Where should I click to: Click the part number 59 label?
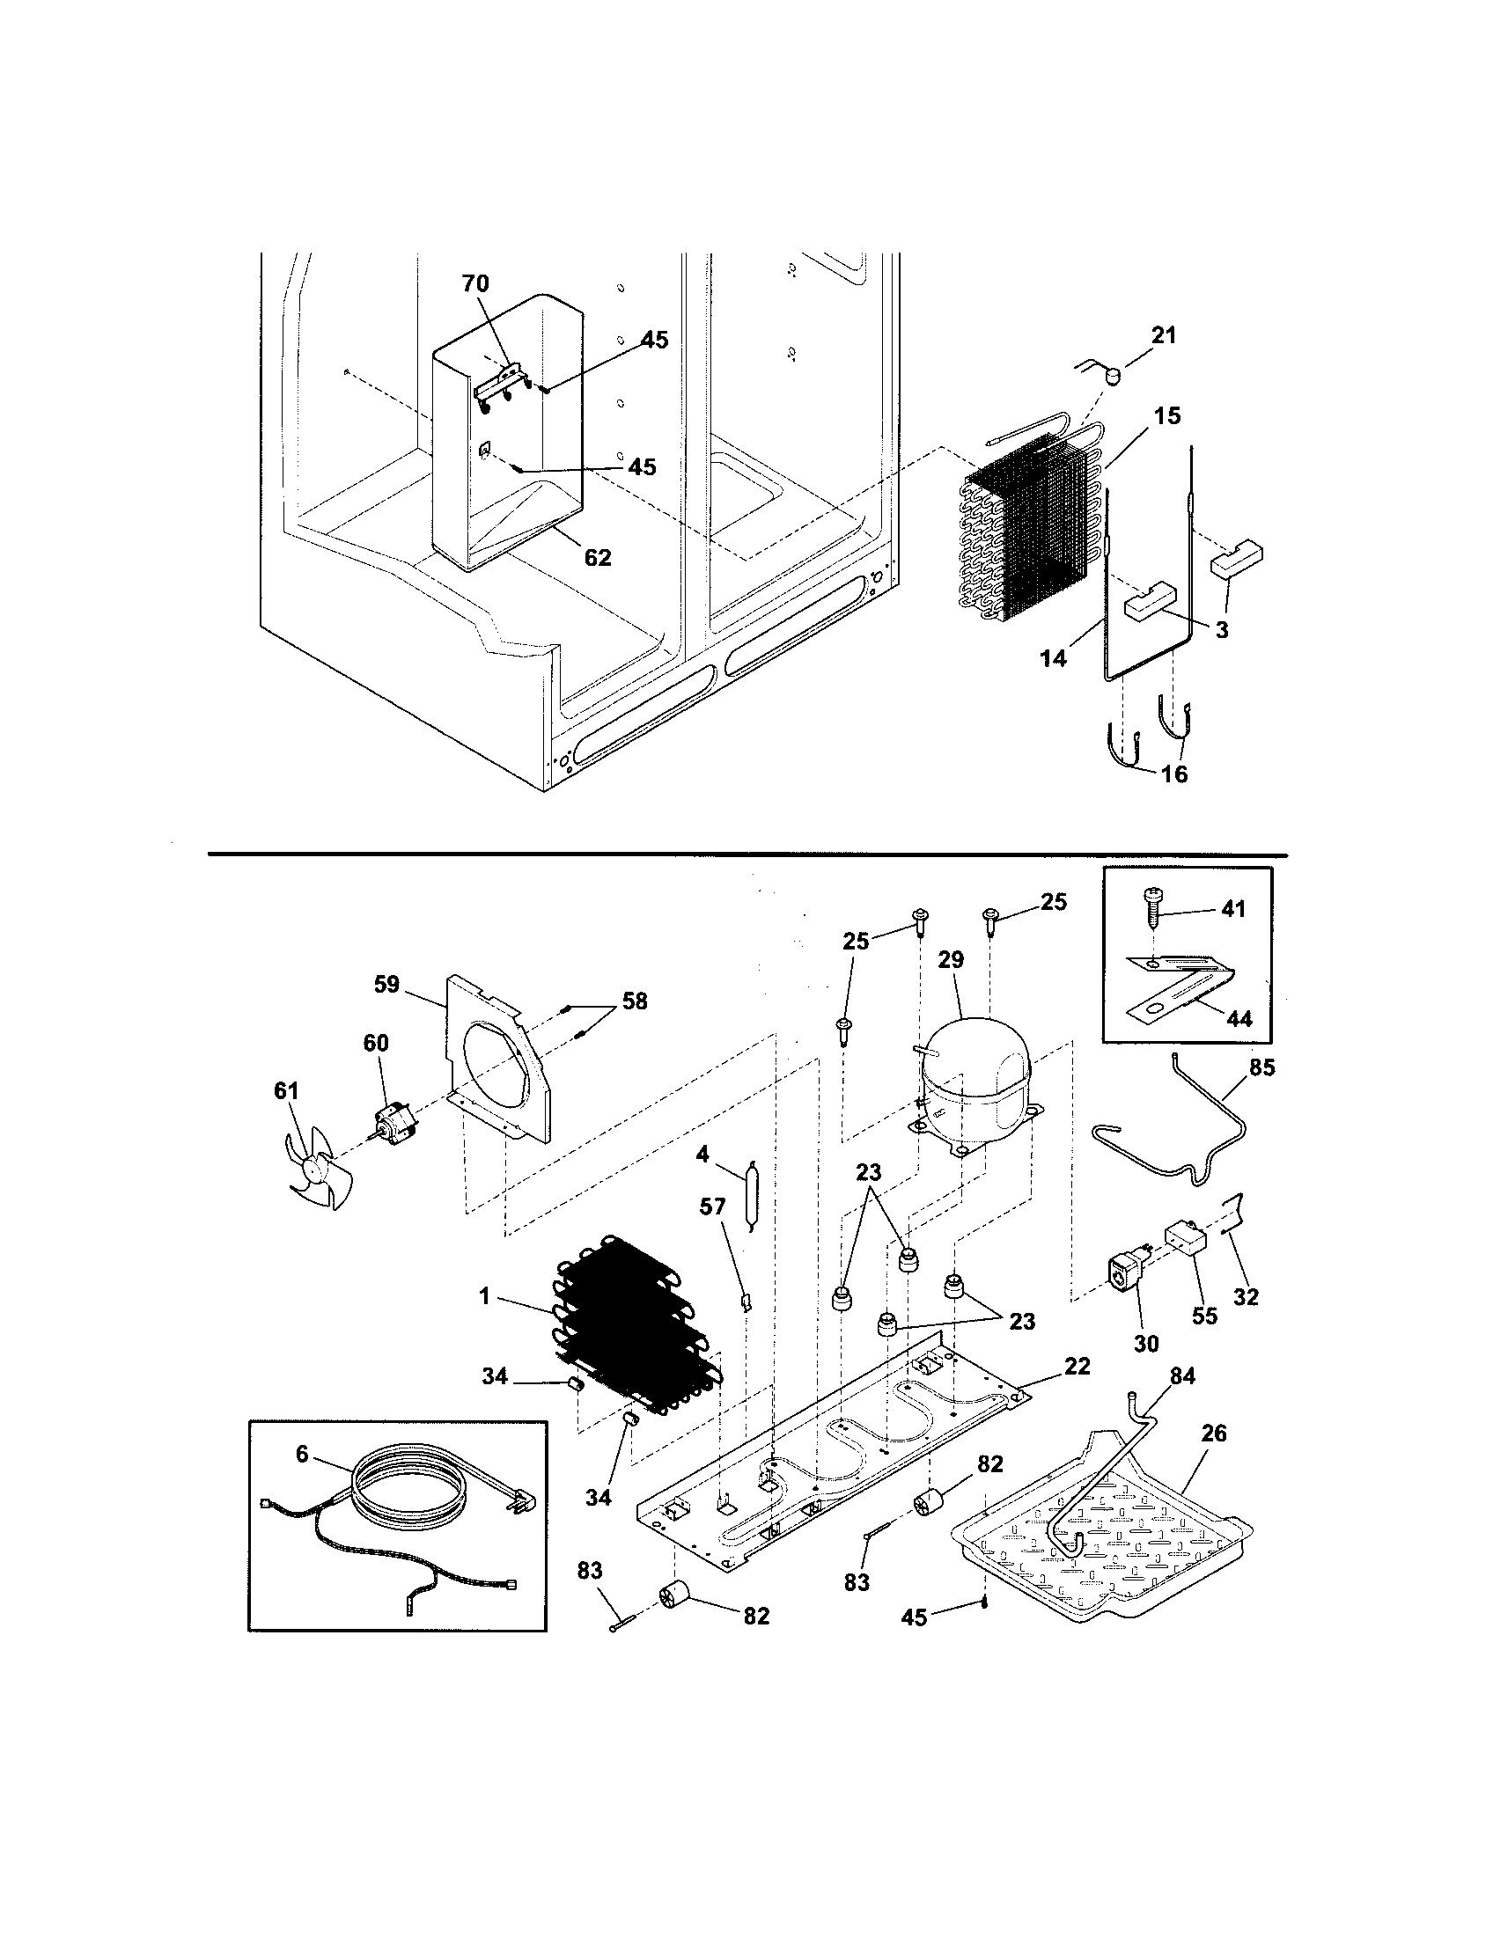tap(386, 985)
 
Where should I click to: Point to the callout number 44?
tap(1239, 1018)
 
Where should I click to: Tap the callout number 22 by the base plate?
tap(1077, 1366)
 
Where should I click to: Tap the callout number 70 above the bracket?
tap(474, 283)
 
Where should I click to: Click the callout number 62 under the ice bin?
tap(598, 558)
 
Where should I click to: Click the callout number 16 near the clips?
tap(1173, 774)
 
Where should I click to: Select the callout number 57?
tap(712, 1206)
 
